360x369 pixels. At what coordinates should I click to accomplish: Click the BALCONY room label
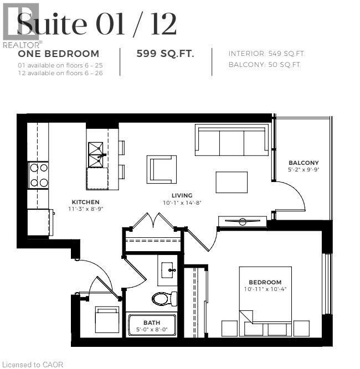pyautogui.click(x=304, y=163)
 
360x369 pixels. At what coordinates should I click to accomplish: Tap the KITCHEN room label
pyautogui.click(x=85, y=202)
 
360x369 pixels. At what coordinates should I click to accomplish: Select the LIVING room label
pyautogui.click(x=182, y=195)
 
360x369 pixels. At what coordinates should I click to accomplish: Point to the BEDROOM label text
pyautogui.click(x=265, y=282)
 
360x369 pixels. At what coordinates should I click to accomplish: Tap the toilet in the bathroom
pyautogui.click(x=164, y=299)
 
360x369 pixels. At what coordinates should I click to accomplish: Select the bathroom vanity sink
pyautogui.click(x=168, y=271)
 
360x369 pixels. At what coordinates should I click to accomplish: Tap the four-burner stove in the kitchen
pyautogui.click(x=39, y=175)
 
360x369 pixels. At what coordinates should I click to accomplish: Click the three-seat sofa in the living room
pyautogui.click(x=232, y=141)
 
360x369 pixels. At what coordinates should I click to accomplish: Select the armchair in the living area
pyautogui.click(x=162, y=169)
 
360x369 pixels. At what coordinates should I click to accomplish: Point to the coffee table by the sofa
pyautogui.click(x=232, y=181)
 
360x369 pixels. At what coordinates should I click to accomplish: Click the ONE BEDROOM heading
pyautogui.click(x=59, y=54)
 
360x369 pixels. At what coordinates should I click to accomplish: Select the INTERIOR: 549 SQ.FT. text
pyautogui.click(x=266, y=54)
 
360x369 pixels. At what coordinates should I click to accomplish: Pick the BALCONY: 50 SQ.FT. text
pyautogui.click(x=265, y=65)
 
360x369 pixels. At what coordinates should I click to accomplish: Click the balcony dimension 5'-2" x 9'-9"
pyautogui.click(x=304, y=170)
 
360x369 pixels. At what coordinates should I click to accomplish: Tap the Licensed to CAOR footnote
pyautogui.click(x=33, y=364)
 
